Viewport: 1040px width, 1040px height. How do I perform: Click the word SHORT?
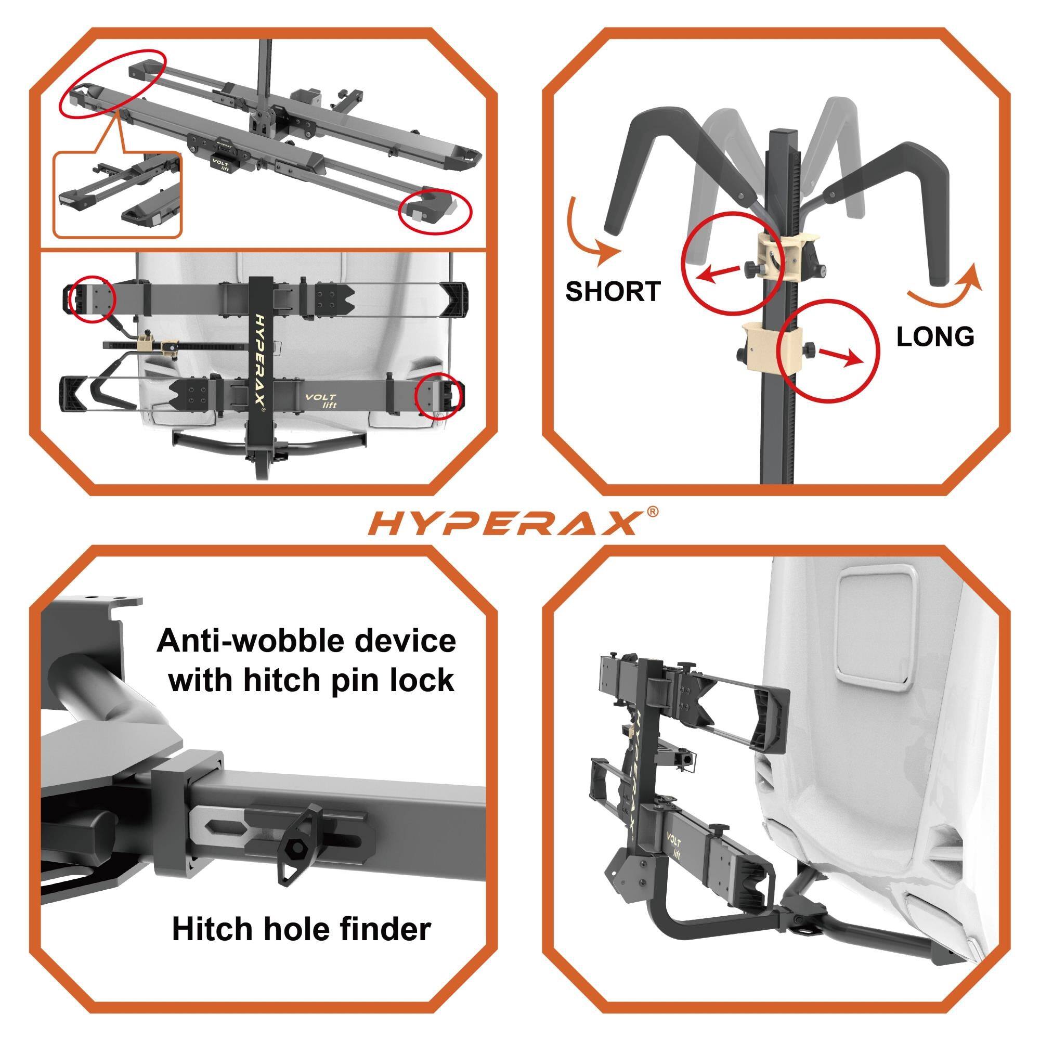click(613, 291)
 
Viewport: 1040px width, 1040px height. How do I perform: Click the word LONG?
click(935, 337)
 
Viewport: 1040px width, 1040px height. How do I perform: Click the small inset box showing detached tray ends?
click(118, 195)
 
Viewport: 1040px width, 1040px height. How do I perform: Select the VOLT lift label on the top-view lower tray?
click(321, 400)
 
